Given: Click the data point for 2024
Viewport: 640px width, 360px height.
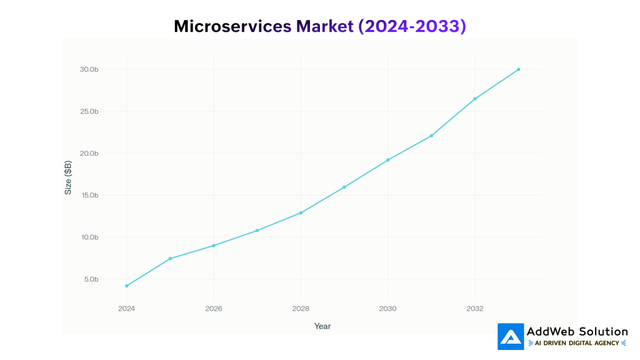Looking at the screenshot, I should [x=127, y=286].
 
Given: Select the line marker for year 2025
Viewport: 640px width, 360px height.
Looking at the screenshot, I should [x=170, y=259].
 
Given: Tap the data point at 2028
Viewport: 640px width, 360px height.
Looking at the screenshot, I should [x=301, y=212].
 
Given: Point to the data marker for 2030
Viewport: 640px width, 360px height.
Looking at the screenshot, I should [x=387, y=160].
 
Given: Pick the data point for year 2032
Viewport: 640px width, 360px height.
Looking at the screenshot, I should [x=475, y=99].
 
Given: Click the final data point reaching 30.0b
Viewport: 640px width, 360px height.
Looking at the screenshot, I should [x=518, y=69].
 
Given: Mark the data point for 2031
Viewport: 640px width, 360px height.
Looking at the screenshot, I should [x=431, y=136].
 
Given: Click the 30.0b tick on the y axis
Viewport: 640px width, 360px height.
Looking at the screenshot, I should [x=89, y=69].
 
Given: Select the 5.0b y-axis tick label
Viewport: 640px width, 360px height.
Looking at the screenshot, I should [x=91, y=279].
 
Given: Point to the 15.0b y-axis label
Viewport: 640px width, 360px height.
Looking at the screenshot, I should [x=89, y=196].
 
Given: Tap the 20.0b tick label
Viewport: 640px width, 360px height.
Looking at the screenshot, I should [x=89, y=154].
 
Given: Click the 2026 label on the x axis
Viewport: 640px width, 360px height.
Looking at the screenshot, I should [x=214, y=309].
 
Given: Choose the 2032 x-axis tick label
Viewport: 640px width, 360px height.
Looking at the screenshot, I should [x=475, y=309].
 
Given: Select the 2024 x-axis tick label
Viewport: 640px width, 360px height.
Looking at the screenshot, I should [x=127, y=309].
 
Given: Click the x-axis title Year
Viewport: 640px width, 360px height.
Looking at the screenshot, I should [x=322, y=326].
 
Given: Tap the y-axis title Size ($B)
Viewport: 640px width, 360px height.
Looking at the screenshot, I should [x=68, y=177].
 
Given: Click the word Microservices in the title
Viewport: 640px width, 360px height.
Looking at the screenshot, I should [x=232, y=26].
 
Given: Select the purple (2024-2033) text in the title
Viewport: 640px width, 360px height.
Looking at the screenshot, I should [x=412, y=26].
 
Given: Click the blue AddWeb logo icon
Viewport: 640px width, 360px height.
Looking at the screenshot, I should [x=511, y=336].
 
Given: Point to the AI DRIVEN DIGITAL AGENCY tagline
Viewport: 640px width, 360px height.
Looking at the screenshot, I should [x=577, y=343].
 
